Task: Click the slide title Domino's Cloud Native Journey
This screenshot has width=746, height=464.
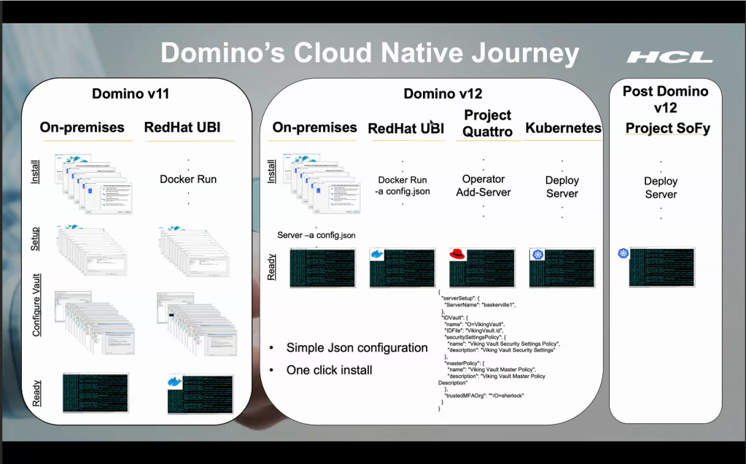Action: pyautogui.click(x=370, y=54)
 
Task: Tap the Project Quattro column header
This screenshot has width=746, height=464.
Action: pyautogui.click(x=487, y=123)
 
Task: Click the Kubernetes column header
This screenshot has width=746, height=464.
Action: pyautogui.click(x=563, y=128)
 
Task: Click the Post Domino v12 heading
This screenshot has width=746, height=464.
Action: pyautogui.click(x=665, y=99)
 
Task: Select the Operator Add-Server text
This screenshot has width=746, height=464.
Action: pyautogui.click(x=483, y=185)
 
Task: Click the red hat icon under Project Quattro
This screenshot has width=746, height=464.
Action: pyautogui.click(x=458, y=255)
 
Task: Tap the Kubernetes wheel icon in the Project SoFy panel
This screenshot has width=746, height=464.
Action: pyautogui.click(x=623, y=253)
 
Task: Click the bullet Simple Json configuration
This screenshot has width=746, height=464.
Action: pyautogui.click(x=357, y=347)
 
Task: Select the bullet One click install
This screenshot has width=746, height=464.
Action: pyautogui.click(x=329, y=370)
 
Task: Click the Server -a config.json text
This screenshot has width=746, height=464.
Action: pyautogui.click(x=316, y=235)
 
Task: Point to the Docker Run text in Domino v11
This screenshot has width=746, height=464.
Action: pyautogui.click(x=187, y=179)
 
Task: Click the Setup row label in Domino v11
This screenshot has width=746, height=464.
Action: pyautogui.click(x=35, y=239)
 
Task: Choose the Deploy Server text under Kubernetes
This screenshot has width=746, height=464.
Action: pyautogui.click(x=562, y=187)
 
